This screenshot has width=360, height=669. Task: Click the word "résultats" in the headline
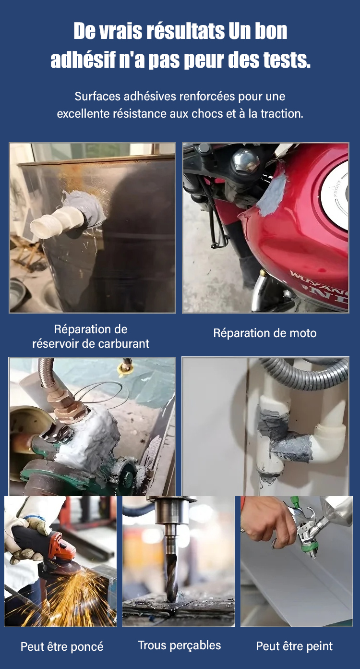pyautogui.click(x=185, y=31)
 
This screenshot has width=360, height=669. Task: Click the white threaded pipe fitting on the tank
pyautogui.click(x=56, y=221)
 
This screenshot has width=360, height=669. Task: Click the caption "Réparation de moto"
pyautogui.click(x=265, y=333)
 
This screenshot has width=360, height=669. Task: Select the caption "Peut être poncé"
pyautogui.click(x=62, y=646)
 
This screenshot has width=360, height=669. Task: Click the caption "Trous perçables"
pyautogui.click(x=180, y=645)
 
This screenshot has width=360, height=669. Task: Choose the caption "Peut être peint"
pyautogui.click(x=294, y=646)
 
